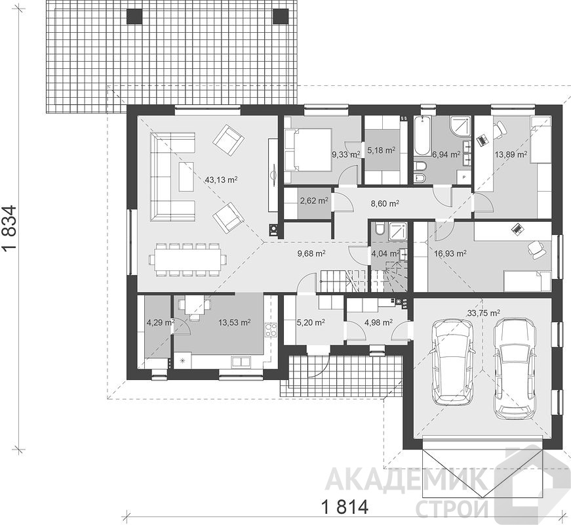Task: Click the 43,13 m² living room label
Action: point(222,179)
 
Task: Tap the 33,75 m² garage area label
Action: point(483,312)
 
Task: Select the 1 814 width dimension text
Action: point(345,507)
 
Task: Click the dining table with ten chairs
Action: point(187,259)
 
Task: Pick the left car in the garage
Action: point(452,362)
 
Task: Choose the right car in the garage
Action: point(514,369)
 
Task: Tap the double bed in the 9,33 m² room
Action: point(307,150)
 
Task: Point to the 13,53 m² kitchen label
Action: point(234,322)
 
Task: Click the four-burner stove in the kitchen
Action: point(270,330)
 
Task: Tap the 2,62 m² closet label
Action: point(314,201)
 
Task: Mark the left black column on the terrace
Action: point(135,16)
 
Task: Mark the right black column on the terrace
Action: point(281,16)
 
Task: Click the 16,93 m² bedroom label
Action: point(450,253)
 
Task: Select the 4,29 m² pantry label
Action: point(160,322)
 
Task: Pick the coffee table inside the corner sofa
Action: point(186,177)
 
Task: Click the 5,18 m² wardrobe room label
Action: point(382,150)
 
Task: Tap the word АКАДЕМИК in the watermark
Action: point(406,480)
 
